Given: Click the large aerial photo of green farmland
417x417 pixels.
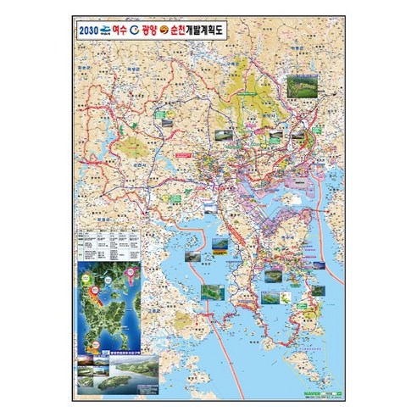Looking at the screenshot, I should coord(300,85).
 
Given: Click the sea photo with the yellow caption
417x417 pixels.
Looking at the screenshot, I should coord(221,249).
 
